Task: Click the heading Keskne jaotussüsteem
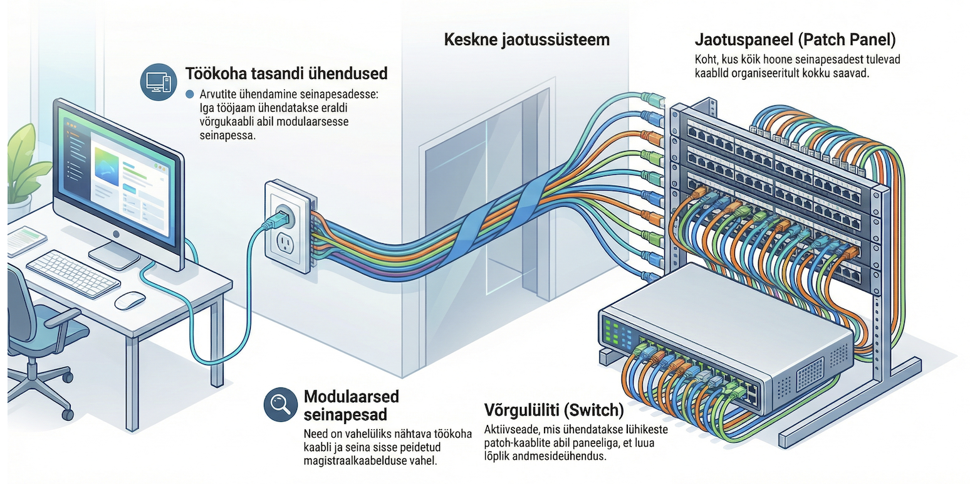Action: click(x=526, y=39)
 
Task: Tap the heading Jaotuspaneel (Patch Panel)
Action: click(x=795, y=39)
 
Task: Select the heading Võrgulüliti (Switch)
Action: click(x=554, y=409)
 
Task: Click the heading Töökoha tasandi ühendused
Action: click(x=286, y=73)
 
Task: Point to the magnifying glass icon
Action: click(x=280, y=404)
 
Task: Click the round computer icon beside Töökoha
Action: click(x=159, y=82)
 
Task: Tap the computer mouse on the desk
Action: click(x=130, y=300)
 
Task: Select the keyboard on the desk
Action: click(x=73, y=274)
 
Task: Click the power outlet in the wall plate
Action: click(x=285, y=244)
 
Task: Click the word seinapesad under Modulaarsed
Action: click(x=345, y=414)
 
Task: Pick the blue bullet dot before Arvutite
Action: click(x=190, y=94)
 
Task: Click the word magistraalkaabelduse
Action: click(x=357, y=460)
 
